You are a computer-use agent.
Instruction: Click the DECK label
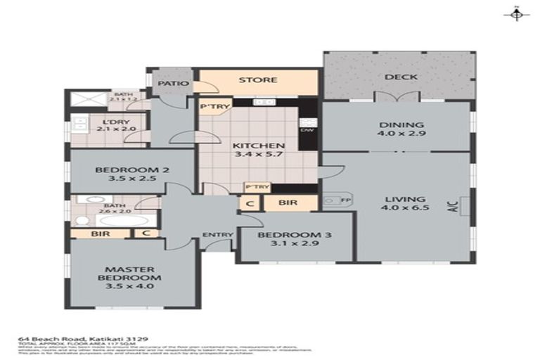401,77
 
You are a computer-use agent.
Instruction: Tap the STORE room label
257,80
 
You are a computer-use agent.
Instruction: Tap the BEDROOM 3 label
295,240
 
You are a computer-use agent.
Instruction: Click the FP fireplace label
345,200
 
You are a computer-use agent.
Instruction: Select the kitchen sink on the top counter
264,103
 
